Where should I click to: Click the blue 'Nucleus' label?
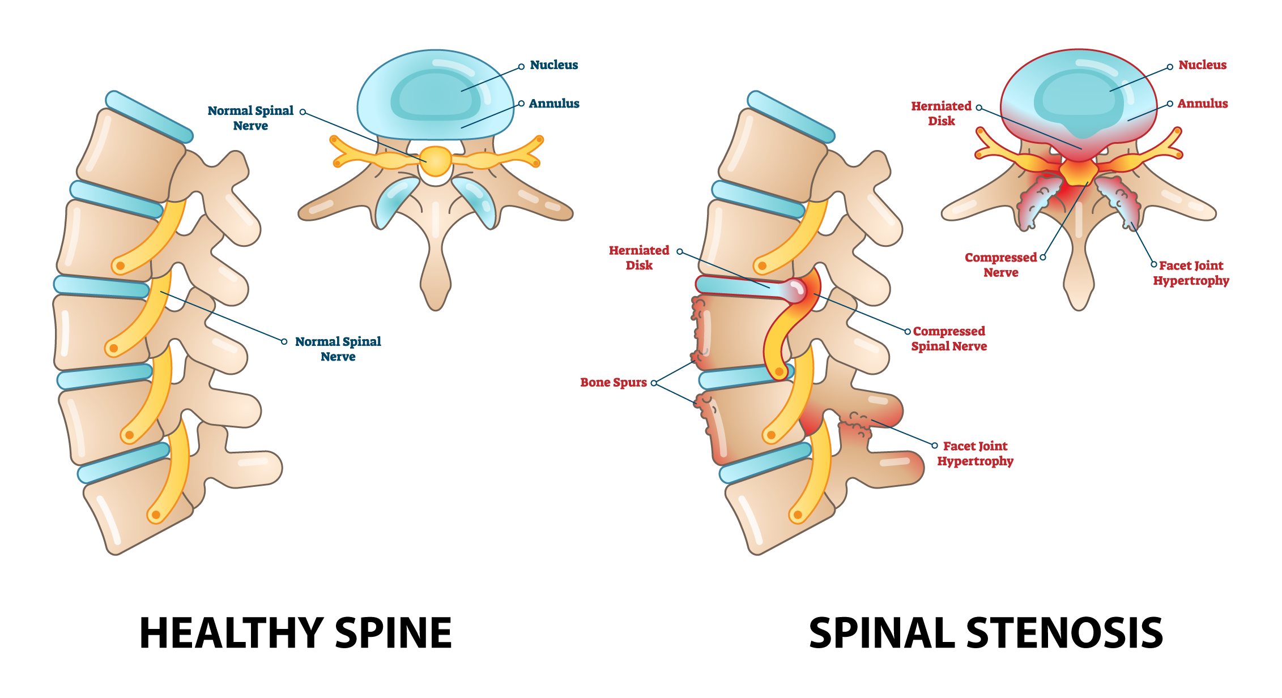click(x=553, y=65)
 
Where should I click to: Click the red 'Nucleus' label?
click(x=1202, y=65)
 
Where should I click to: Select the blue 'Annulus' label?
click(x=553, y=104)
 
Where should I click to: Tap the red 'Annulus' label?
click(x=1202, y=104)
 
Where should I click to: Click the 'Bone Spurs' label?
click(x=613, y=382)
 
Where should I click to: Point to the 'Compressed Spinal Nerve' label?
click(x=949, y=339)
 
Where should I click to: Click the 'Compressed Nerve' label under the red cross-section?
click(x=1000, y=265)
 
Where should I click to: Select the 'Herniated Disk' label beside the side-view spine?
click(x=639, y=258)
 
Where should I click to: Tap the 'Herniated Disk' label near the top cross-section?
click(x=941, y=113)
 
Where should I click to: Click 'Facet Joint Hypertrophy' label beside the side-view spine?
click(x=975, y=453)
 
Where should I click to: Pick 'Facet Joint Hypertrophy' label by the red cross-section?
click(x=1191, y=273)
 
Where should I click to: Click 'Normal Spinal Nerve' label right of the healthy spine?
click(x=338, y=349)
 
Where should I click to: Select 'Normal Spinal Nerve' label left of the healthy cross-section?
click(x=250, y=118)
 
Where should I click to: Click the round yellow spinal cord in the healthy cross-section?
click(x=436, y=161)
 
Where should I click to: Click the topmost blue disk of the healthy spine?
click(x=149, y=117)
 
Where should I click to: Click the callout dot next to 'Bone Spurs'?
click(x=654, y=383)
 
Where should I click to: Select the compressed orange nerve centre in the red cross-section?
click(x=1077, y=172)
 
